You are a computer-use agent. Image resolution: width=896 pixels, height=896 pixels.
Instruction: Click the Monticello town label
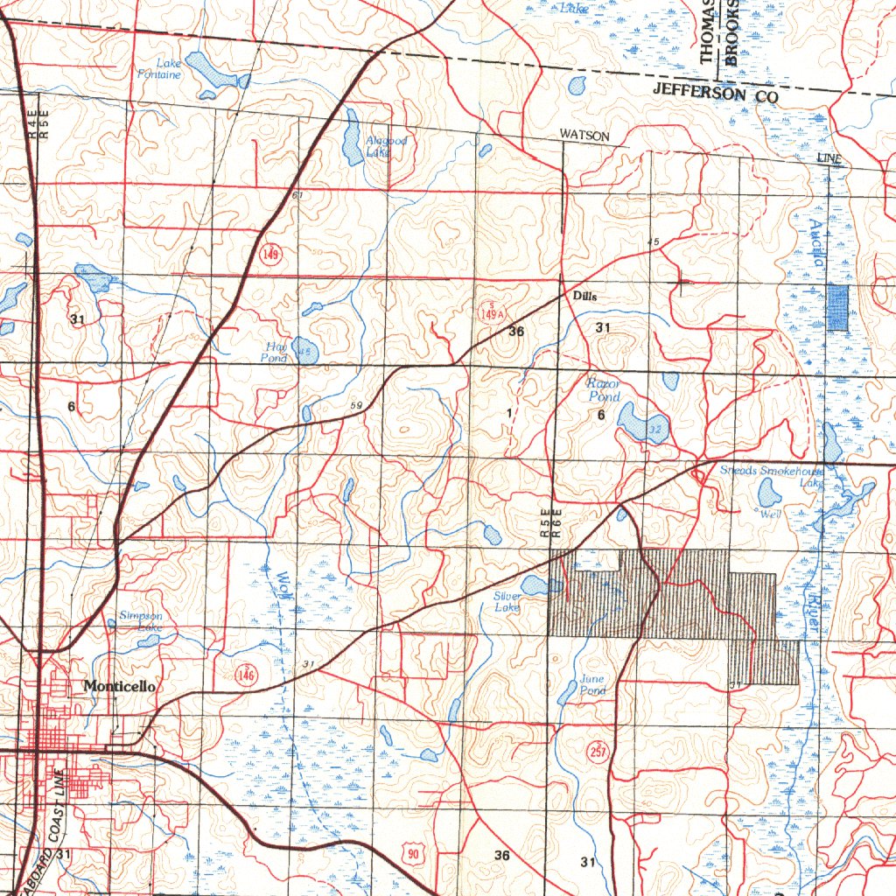click(x=120, y=687)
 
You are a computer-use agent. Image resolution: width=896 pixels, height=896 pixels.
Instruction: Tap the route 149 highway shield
click(x=270, y=255)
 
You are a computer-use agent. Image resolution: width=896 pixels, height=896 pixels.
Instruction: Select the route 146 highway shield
click(x=246, y=673)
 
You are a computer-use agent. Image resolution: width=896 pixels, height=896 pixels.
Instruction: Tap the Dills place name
click(x=584, y=297)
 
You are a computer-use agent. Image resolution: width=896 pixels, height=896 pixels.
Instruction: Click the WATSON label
click(x=584, y=136)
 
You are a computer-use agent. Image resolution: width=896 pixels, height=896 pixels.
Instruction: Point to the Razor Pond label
click(x=603, y=390)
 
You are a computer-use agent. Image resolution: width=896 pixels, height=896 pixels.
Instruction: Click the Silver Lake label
click(x=507, y=602)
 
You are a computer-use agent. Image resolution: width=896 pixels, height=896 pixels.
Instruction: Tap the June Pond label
click(x=592, y=685)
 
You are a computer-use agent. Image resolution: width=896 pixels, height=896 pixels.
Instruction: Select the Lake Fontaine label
click(x=160, y=69)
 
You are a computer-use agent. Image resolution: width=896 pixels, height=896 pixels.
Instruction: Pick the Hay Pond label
click(x=275, y=352)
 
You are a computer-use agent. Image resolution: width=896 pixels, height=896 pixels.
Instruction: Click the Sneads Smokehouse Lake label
click(x=771, y=476)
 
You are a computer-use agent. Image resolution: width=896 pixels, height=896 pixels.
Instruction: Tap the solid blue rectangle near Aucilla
click(x=838, y=308)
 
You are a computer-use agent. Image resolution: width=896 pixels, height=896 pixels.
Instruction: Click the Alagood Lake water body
click(x=352, y=140)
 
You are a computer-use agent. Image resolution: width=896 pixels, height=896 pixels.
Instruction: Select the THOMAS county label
click(x=707, y=31)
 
